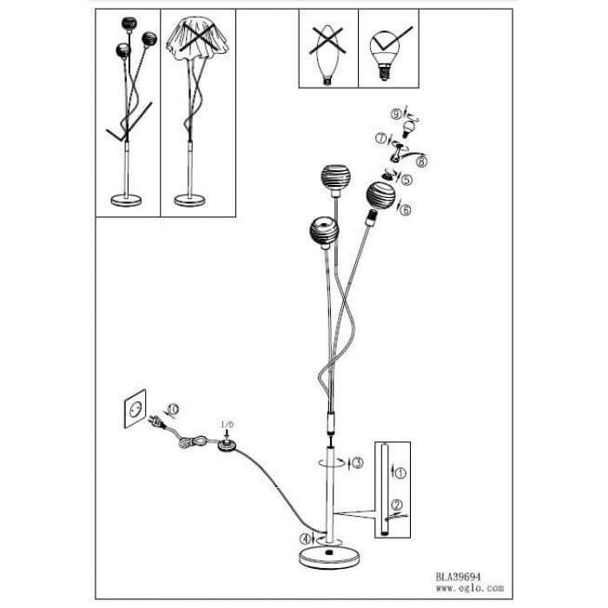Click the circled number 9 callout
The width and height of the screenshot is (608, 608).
(x=396, y=115)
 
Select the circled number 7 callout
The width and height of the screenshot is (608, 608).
(x=380, y=138)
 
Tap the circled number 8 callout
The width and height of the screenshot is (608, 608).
(x=421, y=162)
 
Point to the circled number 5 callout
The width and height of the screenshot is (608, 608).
(x=406, y=180)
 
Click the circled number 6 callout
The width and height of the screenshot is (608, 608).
(x=406, y=210)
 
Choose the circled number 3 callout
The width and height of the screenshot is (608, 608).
(x=358, y=463)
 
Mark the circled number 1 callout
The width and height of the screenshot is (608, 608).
(x=401, y=473)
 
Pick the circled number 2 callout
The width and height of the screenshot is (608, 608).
(x=397, y=506)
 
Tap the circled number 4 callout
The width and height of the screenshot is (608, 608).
(x=305, y=539)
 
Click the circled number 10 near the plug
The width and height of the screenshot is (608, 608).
(x=174, y=409)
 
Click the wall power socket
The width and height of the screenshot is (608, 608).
(x=135, y=409)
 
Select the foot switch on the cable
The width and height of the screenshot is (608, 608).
(x=228, y=446)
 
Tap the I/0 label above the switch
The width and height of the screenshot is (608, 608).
(x=228, y=425)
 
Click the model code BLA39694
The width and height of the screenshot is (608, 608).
(x=458, y=577)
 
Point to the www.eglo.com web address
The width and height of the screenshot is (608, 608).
(x=470, y=588)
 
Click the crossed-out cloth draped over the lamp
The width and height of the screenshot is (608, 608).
(x=198, y=38)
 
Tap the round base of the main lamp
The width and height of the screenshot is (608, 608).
(x=331, y=558)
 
